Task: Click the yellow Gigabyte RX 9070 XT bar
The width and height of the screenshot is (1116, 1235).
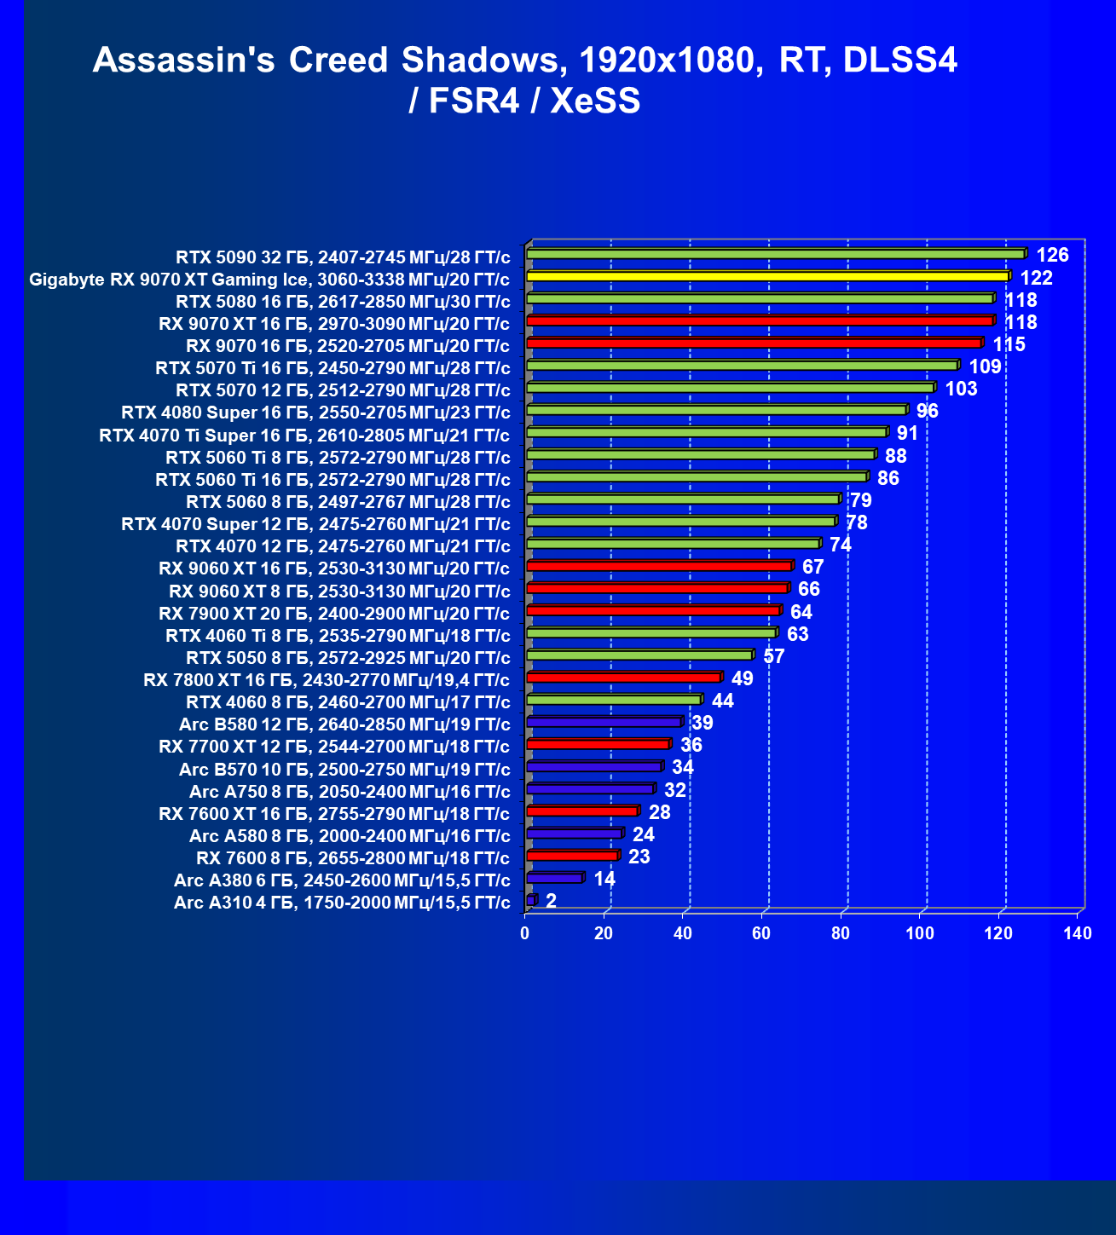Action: tap(767, 276)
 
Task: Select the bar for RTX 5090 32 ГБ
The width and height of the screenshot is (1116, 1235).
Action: tap(776, 254)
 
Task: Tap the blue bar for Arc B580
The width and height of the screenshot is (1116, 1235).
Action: tap(604, 722)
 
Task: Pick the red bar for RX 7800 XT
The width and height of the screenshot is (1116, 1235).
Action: tap(624, 678)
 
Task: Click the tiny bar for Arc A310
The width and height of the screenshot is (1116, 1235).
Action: tap(531, 900)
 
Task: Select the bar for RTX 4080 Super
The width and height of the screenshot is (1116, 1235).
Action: tap(716, 410)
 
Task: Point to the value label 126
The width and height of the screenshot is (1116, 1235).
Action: tap(1052, 255)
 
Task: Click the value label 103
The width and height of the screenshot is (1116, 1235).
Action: tap(962, 389)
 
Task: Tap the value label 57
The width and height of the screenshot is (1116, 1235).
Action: tap(774, 656)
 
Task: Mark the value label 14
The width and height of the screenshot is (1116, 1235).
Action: tap(604, 879)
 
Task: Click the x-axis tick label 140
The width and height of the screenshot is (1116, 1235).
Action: tap(1078, 934)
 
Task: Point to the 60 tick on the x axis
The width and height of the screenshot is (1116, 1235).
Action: tap(761, 934)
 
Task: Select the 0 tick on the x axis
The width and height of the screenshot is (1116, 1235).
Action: tap(525, 934)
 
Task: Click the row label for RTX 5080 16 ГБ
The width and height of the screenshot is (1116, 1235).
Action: tap(343, 301)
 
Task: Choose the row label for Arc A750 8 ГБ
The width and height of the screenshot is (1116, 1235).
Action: tap(350, 791)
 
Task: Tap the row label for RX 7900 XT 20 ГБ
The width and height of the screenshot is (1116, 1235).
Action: tap(334, 613)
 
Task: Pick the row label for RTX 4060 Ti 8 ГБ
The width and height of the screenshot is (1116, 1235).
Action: tap(338, 635)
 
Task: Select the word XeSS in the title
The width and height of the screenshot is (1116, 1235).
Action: tap(595, 101)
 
